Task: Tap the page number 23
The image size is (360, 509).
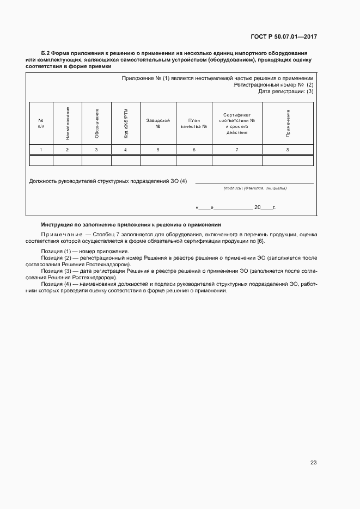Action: point(313,463)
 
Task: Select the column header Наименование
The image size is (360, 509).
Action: point(68,122)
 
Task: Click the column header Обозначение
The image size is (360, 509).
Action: point(96,122)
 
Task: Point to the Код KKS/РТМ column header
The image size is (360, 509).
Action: point(126,122)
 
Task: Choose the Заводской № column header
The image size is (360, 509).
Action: point(158,123)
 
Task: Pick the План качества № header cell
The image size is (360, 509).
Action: point(194,123)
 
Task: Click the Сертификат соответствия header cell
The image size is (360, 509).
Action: point(237,123)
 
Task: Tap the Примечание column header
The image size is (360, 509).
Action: point(288,122)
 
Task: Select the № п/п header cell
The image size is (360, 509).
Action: point(41,123)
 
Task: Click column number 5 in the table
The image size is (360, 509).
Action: point(158,149)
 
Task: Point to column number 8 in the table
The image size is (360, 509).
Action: point(288,149)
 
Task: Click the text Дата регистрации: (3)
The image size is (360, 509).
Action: point(286,91)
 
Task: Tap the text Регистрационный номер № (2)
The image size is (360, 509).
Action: point(273,85)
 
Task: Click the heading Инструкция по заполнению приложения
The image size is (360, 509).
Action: point(131,224)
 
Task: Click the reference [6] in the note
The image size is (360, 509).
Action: point(260,240)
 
